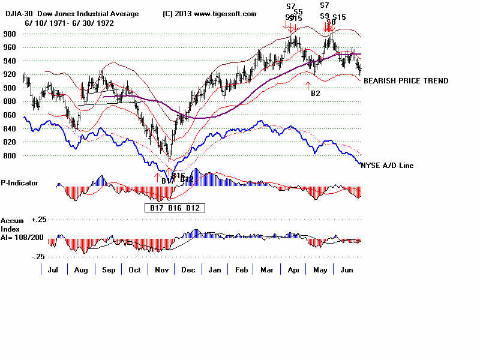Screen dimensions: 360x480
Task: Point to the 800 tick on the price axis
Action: pos(11,155)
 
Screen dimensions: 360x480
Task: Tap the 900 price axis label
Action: pos(11,88)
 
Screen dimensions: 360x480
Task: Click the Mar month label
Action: pos(267,270)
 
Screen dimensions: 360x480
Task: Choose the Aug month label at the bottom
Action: pos(81,270)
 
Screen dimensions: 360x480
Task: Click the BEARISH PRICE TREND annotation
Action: pos(406,81)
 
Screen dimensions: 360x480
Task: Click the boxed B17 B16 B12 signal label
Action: pos(175,208)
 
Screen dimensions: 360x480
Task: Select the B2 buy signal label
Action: pos(316,93)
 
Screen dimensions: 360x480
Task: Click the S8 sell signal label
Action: pos(331,22)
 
